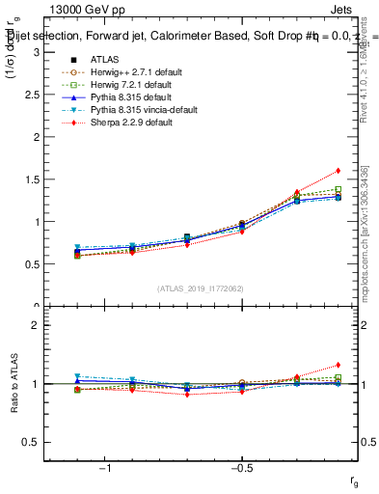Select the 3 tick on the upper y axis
[37, 52]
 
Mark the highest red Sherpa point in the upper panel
[338, 171]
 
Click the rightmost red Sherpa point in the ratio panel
[338, 366]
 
